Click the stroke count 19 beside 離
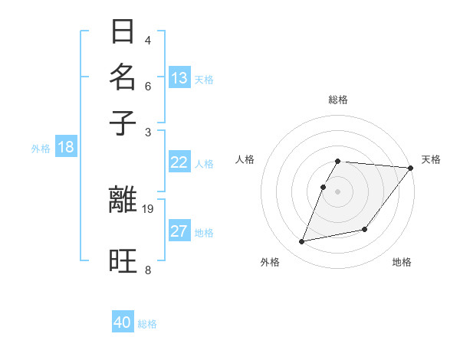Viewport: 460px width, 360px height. click(148, 208)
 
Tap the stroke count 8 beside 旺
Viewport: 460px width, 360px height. click(148, 270)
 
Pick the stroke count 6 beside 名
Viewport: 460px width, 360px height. click(148, 86)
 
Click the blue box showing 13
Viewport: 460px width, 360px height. click(179, 78)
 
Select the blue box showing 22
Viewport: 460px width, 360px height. click(179, 162)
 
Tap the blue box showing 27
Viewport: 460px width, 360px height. click(179, 231)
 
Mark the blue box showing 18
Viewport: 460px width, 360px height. click(65, 147)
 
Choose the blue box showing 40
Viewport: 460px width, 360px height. click(123, 322)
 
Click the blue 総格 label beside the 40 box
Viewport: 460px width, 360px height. click(147, 324)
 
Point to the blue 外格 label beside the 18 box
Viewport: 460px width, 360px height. click(41, 149)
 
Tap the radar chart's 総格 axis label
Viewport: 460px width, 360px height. click(338, 100)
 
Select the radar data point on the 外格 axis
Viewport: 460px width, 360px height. click(302, 241)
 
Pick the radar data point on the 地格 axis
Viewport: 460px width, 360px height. click(365, 229)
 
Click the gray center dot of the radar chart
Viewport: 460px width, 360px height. click(337, 191)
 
